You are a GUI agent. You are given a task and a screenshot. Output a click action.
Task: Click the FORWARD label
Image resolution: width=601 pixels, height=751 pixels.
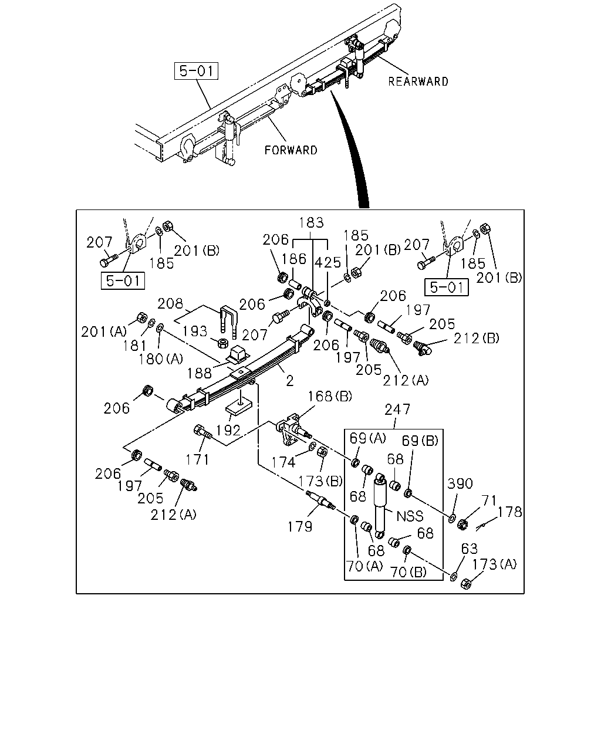pos(291,150)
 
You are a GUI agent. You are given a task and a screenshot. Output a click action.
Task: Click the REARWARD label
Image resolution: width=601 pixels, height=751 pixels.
pos(418,82)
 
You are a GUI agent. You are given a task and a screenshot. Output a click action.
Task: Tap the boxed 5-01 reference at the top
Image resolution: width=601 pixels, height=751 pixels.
pos(196,71)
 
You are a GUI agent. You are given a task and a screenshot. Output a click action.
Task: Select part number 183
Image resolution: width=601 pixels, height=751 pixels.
pos(311,222)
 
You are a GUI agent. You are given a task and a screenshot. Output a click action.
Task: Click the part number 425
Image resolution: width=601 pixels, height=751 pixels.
pos(327,262)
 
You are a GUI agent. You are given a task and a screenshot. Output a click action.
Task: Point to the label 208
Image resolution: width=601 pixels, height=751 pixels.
pos(170,303)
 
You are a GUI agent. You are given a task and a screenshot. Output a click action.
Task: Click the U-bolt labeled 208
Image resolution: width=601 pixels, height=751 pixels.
pos(229,322)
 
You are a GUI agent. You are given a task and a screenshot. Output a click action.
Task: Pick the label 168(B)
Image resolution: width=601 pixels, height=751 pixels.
pos(330,396)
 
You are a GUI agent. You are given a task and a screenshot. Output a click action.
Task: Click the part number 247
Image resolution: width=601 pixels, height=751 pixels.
pos(397,410)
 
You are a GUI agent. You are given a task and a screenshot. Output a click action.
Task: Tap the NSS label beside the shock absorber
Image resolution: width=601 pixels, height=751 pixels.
pos(410,516)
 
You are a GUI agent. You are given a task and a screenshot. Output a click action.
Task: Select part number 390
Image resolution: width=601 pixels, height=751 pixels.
pos(460,483)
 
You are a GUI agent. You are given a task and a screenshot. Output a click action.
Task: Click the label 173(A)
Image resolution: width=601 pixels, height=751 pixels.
pos(495,564)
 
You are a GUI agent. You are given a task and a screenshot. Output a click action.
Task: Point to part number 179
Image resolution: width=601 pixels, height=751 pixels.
pos(300,527)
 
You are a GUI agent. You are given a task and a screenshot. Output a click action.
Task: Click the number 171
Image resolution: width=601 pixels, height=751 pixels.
pos(197,459)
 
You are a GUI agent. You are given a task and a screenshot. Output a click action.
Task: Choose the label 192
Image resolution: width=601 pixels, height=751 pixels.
pos(228,430)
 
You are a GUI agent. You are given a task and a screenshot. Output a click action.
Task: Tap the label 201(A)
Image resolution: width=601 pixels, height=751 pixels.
pos(104,331)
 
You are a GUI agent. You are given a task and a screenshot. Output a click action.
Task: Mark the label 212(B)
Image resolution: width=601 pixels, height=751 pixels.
pos(477,338)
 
